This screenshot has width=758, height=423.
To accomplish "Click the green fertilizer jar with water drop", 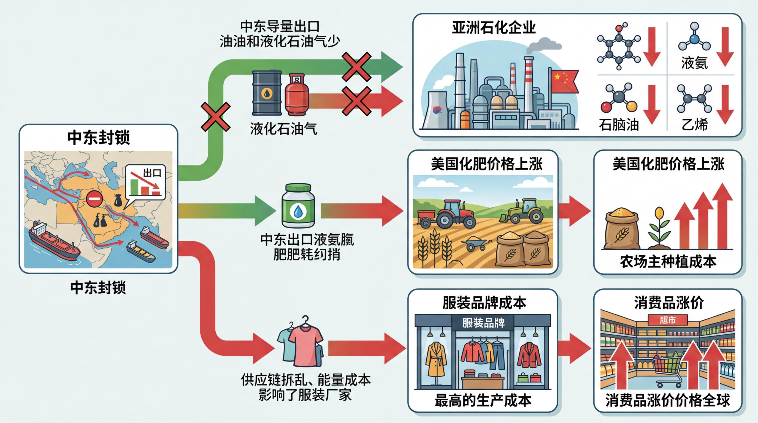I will [x=298, y=206].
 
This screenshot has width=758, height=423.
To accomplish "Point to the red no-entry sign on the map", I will [x=94, y=199].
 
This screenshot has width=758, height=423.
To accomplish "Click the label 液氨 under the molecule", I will [x=694, y=63].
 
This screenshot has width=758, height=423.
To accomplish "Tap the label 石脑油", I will [x=619, y=125].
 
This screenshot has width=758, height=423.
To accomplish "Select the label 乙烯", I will [x=695, y=125].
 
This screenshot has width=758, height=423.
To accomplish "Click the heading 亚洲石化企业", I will [x=494, y=28].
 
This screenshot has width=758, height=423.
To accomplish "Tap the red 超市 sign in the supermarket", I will [x=667, y=320].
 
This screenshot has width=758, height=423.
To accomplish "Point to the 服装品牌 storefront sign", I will [x=483, y=323].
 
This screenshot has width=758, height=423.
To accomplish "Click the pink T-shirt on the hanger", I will [x=305, y=343].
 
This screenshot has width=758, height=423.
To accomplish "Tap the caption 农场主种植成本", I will [x=668, y=262].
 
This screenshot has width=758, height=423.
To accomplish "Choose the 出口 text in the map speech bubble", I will [x=152, y=173].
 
